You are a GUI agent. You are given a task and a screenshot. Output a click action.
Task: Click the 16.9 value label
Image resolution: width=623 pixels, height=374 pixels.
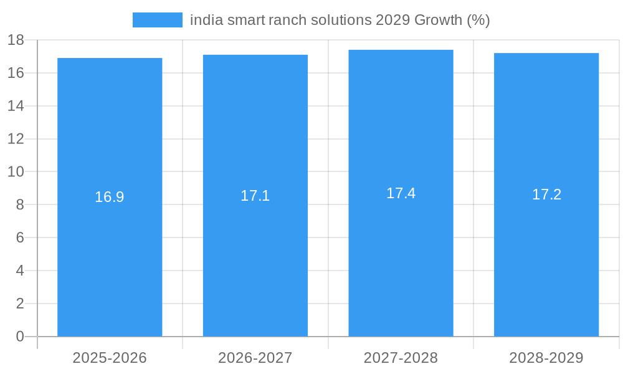[110, 197]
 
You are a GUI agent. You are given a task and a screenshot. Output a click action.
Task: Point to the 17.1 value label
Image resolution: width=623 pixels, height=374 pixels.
[255, 196]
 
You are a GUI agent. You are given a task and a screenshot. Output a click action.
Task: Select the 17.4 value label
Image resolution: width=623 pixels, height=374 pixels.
[401, 193]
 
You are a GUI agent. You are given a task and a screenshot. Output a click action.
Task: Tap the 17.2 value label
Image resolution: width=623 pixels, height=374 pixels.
[546, 194]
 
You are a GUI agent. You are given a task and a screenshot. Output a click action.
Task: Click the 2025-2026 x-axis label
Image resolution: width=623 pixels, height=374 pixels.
[110, 358]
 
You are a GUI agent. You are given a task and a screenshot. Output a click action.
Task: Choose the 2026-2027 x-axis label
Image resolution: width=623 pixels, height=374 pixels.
[255, 358]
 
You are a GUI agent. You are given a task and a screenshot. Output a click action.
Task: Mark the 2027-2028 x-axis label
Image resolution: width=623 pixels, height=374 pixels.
[401, 358]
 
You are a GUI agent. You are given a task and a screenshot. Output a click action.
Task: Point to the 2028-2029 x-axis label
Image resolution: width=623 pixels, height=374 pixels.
[546, 358]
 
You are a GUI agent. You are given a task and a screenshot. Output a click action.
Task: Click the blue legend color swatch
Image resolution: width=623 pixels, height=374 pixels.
[157, 20]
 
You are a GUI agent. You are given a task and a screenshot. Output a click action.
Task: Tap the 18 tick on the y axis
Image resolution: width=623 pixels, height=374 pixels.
[16, 40]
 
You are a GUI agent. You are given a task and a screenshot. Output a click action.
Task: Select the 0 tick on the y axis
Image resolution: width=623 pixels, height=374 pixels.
[20, 337]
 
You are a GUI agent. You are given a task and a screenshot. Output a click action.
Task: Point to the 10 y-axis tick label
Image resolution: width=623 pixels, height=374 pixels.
[16, 171]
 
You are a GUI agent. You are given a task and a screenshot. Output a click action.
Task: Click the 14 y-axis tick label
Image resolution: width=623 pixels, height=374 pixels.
[16, 106]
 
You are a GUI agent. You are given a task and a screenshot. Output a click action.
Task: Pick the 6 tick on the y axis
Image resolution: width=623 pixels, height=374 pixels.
[20, 237]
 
